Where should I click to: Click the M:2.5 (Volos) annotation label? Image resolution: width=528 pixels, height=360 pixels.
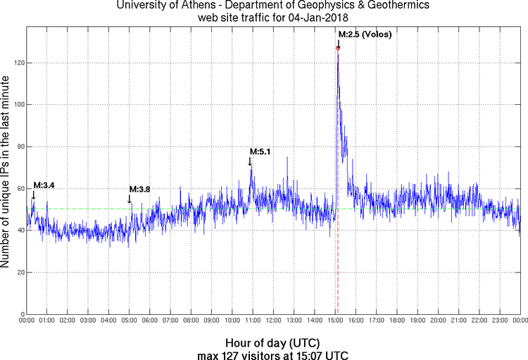(365, 34)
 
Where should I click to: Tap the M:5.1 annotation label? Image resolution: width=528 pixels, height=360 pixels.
(260, 151)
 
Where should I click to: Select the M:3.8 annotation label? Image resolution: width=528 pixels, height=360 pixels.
(139, 189)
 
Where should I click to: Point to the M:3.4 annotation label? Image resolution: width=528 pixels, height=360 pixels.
(44, 185)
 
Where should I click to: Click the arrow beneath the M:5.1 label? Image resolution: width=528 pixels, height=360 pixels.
(250, 162)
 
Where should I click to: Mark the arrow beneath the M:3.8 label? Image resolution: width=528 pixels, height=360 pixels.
(130, 199)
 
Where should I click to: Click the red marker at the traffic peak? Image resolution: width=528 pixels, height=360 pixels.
(338, 48)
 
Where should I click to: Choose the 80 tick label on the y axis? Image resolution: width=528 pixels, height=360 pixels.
(20, 147)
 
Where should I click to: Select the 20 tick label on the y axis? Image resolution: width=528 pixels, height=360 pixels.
(20, 272)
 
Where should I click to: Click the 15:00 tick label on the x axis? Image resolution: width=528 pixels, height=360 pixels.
(335, 321)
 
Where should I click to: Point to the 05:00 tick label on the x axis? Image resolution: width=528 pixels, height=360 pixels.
(130, 321)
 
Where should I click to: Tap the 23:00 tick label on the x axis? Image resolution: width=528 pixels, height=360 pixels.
(500, 321)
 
